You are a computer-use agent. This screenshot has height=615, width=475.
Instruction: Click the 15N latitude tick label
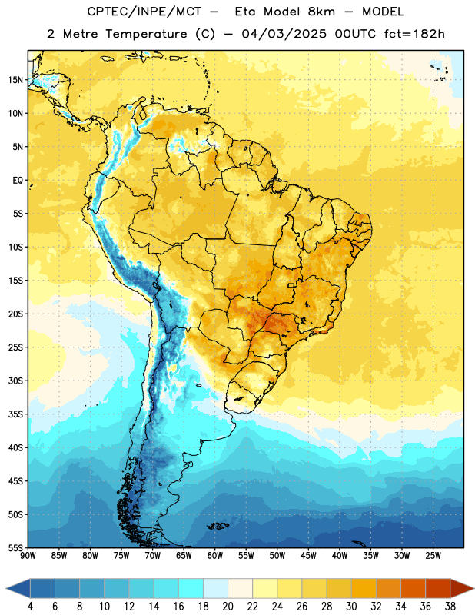click(15, 80)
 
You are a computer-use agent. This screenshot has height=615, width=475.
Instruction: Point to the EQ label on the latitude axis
click(18, 181)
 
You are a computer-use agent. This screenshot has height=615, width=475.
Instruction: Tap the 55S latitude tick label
click(15, 547)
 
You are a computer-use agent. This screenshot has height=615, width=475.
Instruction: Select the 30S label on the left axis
click(15, 381)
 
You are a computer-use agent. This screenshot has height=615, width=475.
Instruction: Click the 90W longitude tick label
click(28, 556)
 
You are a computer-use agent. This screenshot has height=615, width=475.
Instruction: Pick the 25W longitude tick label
click(433, 556)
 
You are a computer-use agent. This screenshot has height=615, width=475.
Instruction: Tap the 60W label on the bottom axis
click(215, 556)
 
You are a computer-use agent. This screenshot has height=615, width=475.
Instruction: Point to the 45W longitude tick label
click(309, 556)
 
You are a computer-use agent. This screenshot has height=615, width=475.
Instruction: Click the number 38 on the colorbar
click(450, 607)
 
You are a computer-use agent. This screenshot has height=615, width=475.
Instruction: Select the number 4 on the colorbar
click(30, 607)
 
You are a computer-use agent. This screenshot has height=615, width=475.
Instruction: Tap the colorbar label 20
click(228, 607)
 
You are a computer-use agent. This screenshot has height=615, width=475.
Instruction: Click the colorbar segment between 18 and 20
click(215, 588)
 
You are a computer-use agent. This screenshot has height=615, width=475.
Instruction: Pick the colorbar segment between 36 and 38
click(438, 588)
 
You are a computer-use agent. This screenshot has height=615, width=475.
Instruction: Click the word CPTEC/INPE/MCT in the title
click(144, 12)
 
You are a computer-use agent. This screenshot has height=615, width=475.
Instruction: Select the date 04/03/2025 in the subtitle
click(284, 34)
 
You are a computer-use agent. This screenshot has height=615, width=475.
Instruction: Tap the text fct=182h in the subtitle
click(414, 34)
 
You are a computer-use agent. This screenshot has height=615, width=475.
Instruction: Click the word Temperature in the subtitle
click(146, 34)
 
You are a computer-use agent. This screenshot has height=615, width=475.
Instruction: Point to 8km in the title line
click(321, 12)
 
